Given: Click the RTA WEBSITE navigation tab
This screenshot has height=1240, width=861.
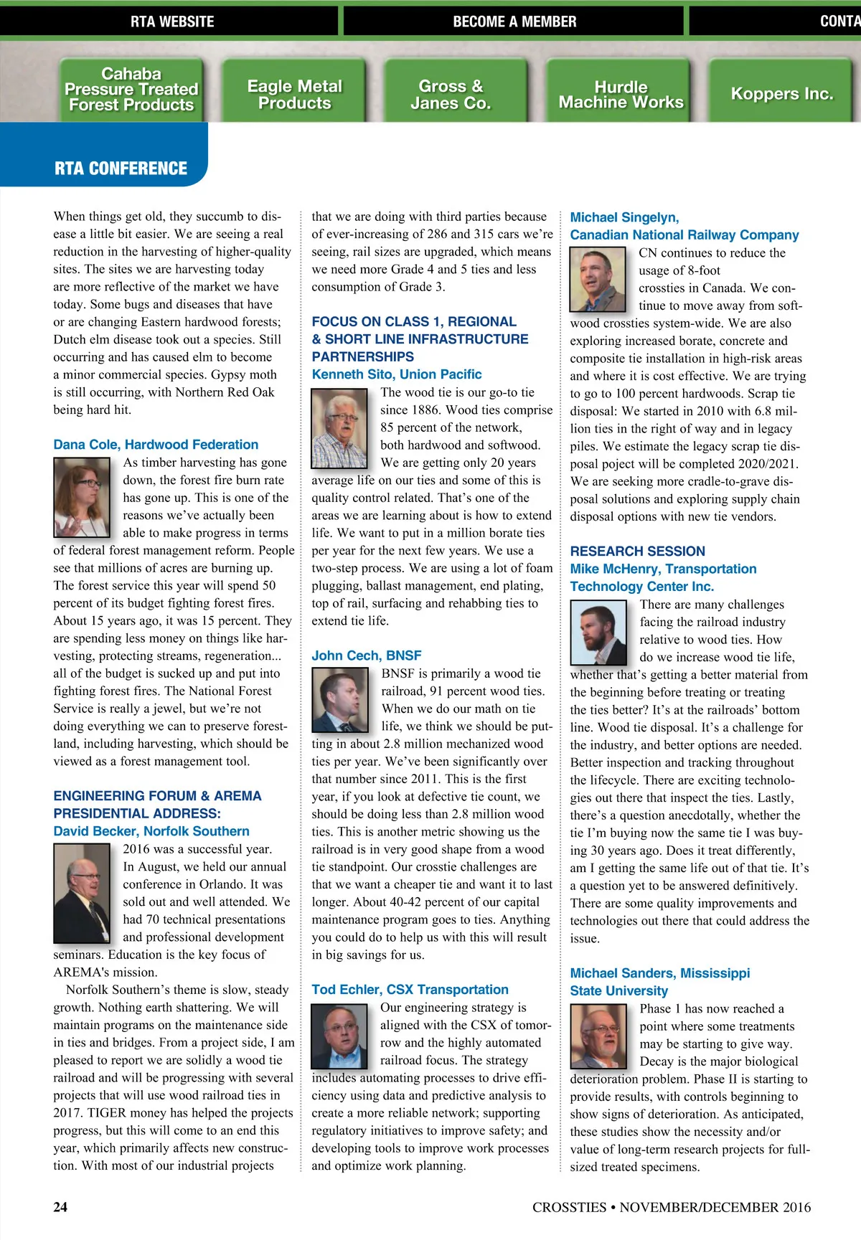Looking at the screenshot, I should pyautogui.click(x=171, y=22).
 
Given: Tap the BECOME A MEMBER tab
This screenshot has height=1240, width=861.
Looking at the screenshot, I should pyautogui.click(x=514, y=22).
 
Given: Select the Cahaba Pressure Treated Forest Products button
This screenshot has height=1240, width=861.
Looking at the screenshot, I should pyautogui.click(x=131, y=90).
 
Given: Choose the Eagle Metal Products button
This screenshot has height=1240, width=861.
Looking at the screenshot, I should pyautogui.click(x=294, y=94).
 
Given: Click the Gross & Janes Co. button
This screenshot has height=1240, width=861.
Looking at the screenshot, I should pyautogui.click(x=451, y=94).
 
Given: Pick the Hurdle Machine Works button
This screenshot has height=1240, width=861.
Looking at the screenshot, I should pyautogui.click(x=621, y=94).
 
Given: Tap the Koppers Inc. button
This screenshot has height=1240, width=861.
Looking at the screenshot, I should pyautogui.click(x=781, y=94).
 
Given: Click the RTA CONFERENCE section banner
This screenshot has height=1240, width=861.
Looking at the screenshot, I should pyautogui.click(x=121, y=169).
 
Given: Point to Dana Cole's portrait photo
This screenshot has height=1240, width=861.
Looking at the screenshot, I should pyautogui.click(x=82, y=497).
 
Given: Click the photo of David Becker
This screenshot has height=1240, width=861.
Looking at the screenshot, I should pyautogui.click(x=82, y=892).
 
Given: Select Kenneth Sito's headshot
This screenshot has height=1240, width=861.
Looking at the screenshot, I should pyautogui.click(x=339, y=428).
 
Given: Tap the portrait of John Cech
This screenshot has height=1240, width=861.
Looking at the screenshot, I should pyautogui.click(x=339, y=699).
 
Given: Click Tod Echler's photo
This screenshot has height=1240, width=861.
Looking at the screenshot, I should pyautogui.click(x=339, y=1036).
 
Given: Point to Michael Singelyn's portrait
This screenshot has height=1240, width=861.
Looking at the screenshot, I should pyautogui.click(x=598, y=279).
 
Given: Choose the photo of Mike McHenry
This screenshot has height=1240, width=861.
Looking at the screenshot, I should pyautogui.click(x=598, y=631).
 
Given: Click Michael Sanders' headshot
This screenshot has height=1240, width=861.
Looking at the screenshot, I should pyautogui.click(x=598, y=1036).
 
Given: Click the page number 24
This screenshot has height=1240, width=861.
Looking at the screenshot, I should pyautogui.click(x=60, y=1207).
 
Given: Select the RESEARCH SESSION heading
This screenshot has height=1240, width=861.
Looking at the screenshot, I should pyautogui.click(x=637, y=551).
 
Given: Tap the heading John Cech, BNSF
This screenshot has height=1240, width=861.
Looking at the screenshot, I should pyautogui.click(x=366, y=656).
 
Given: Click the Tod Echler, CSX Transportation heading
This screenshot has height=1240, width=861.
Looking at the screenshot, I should pyautogui.click(x=410, y=990).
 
